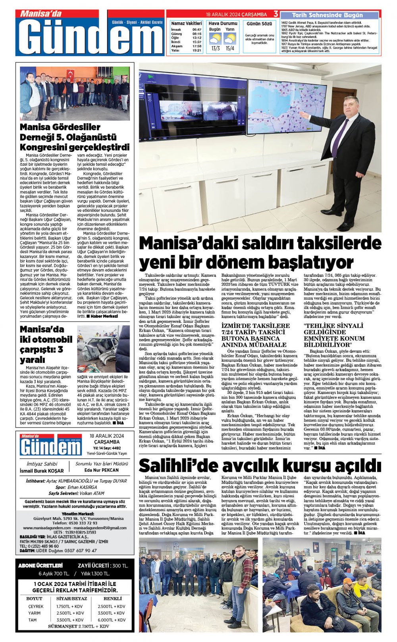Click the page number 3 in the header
(276, 14)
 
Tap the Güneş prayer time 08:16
(197, 34)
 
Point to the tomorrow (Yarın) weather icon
(229, 39)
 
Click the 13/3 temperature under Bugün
(216, 48)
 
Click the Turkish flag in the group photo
(70, 74)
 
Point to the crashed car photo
(103, 349)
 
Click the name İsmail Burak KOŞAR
(42, 471)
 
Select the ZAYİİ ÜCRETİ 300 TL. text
(103, 565)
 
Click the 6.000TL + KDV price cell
(112, 620)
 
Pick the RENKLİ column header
(113, 598)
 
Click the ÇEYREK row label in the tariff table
(36, 606)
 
